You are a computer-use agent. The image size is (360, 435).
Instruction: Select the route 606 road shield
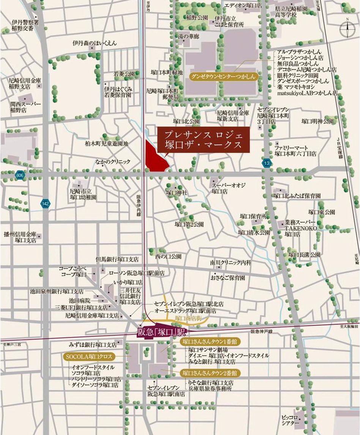pos(19,174)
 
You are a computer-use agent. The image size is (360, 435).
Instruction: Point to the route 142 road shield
pos(46,204)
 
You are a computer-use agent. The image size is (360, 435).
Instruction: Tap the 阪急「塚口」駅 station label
pos(161,332)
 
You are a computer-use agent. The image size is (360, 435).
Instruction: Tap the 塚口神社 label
pos(177,193)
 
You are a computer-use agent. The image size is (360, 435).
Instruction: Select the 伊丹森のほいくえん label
pos(95,43)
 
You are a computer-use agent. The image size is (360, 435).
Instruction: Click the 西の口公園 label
pos(168,256)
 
